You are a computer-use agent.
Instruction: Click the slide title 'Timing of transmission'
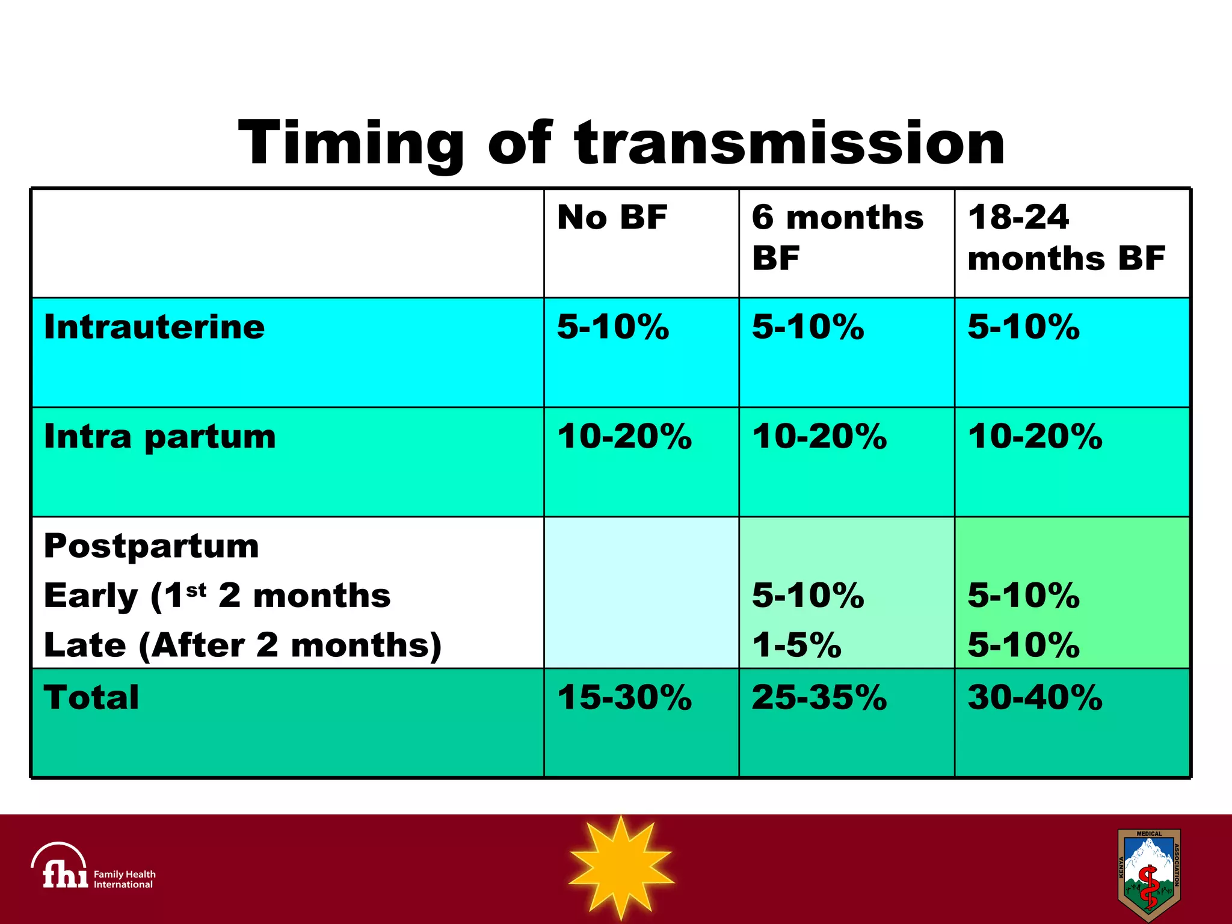pyautogui.click(x=621, y=143)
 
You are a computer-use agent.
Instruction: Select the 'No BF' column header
pyautogui.click(x=612, y=217)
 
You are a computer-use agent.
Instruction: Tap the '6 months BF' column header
pyautogui.click(x=837, y=237)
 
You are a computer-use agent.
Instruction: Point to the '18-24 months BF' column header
pyautogui.click(x=1065, y=237)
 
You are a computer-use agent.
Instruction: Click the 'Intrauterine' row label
pyautogui.click(x=154, y=327)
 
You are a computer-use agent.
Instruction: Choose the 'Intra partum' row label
pyautogui.click(x=159, y=437)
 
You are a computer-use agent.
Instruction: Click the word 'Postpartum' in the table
pyautogui.click(x=151, y=546)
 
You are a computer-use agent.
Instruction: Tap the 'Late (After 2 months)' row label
pyautogui.click(x=242, y=645)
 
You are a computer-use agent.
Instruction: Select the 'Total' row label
pyautogui.click(x=91, y=698)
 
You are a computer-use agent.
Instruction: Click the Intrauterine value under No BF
pyautogui.click(x=612, y=327)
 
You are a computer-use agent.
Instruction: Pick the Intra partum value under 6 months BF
pyautogui.click(x=819, y=437)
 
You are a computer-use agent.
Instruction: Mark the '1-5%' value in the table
pyautogui.click(x=796, y=645)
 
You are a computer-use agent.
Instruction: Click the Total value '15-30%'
pyautogui.click(x=624, y=698)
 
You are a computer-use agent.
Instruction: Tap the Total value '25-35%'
pyautogui.click(x=819, y=698)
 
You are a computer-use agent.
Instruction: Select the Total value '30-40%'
pyautogui.click(x=1035, y=698)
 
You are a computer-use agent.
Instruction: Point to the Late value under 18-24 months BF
pyautogui.click(x=1023, y=645)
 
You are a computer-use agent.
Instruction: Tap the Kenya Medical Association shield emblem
pyautogui.click(x=1148, y=874)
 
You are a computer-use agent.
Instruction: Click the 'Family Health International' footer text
pyautogui.click(x=124, y=879)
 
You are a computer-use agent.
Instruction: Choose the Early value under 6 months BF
pyautogui.click(x=807, y=596)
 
